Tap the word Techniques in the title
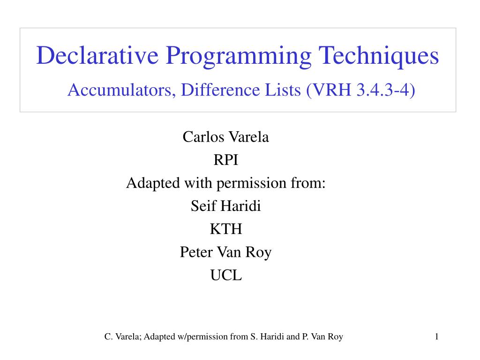(379, 56)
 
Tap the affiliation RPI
(226, 160)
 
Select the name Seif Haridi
(226, 206)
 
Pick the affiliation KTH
(226, 229)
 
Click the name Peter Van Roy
(226, 252)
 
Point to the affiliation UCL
(226, 275)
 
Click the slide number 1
(436, 336)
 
